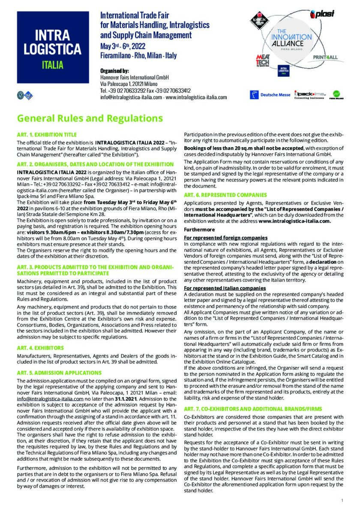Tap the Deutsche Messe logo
click(270, 94)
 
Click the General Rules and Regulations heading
click(90, 118)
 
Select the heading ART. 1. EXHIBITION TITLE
click(46, 135)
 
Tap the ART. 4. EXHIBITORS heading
click(40, 348)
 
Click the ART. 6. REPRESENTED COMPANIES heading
click(225, 195)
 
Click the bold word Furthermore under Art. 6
click(199, 230)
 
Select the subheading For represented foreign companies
click(225, 238)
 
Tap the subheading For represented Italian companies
click(225, 288)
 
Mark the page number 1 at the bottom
click(342, 500)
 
